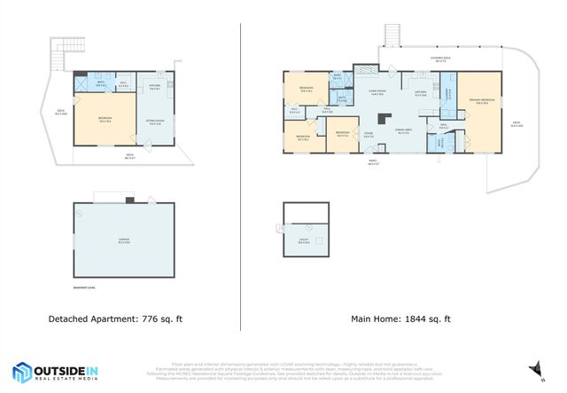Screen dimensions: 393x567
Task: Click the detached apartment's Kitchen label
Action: pyautogui.click(x=154, y=87)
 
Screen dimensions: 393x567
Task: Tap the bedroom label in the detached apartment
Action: pyautogui.click(x=105, y=120)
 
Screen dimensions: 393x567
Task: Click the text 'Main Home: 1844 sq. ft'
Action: pyautogui.click(x=401, y=318)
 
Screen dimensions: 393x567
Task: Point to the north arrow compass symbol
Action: pyautogui.click(x=534, y=366)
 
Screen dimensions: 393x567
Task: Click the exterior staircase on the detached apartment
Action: pyautogui.click(x=59, y=57)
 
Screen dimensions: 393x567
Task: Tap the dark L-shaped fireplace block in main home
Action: pyautogui.click(x=383, y=117)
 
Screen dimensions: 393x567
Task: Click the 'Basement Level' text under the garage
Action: pyautogui.click(x=85, y=287)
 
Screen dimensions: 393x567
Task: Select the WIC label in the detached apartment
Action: pyautogui.click(x=124, y=86)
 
